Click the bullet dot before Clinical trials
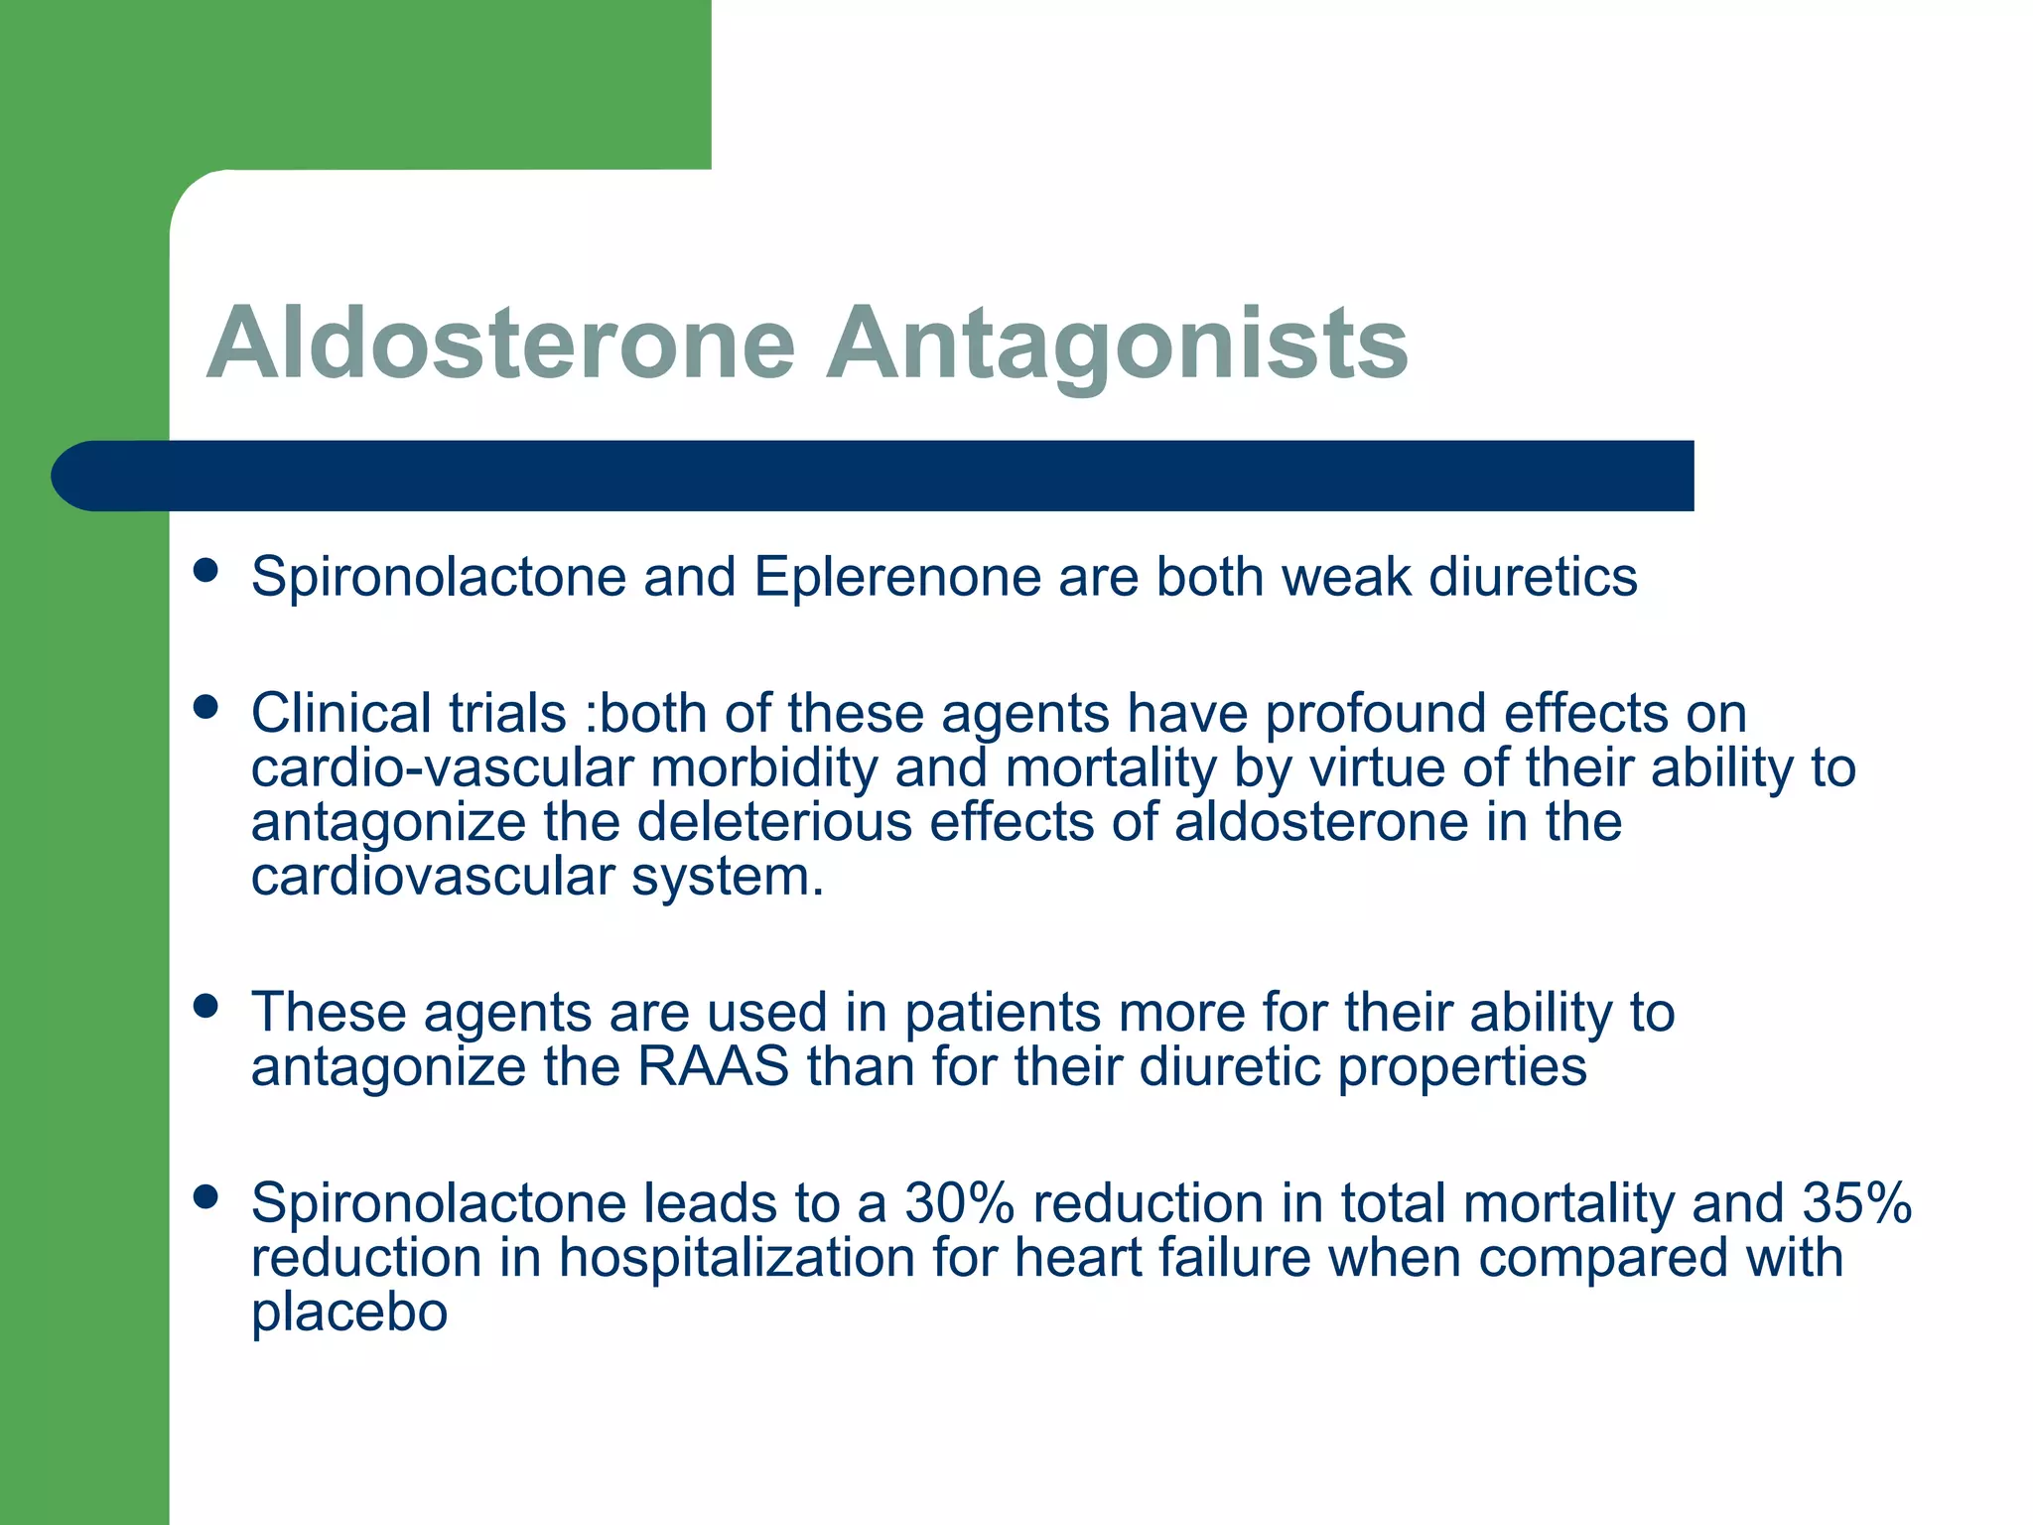point(205,707)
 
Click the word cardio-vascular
point(441,767)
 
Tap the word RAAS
point(713,1066)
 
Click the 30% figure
point(959,1202)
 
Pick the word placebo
point(349,1313)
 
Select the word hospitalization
point(737,1258)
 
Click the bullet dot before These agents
point(205,1007)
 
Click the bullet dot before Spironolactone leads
point(205,1196)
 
